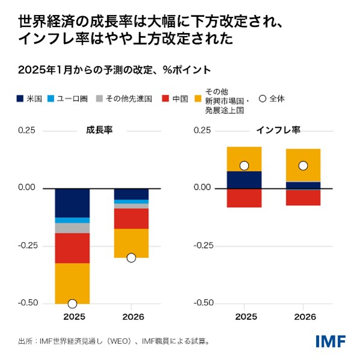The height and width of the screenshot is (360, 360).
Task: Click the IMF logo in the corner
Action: tap(331, 341)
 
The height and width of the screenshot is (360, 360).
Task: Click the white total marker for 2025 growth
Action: tap(72, 303)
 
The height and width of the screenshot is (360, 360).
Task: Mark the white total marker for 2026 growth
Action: tap(131, 258)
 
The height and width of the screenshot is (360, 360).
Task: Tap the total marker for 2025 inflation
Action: tap(244, 166)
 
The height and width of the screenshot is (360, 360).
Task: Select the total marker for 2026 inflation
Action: tap(303, 166)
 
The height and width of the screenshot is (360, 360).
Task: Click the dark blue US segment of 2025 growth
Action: tap(72, 202)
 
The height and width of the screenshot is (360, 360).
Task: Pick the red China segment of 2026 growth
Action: tap(131, 219)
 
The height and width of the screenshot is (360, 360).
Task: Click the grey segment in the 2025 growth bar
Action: tap(72, 228)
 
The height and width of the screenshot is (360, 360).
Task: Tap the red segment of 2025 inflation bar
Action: tap(244, 197)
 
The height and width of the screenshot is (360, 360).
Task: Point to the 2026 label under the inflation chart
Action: tap(303, 316)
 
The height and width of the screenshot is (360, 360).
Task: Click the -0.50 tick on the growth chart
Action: tap(28, 303)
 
